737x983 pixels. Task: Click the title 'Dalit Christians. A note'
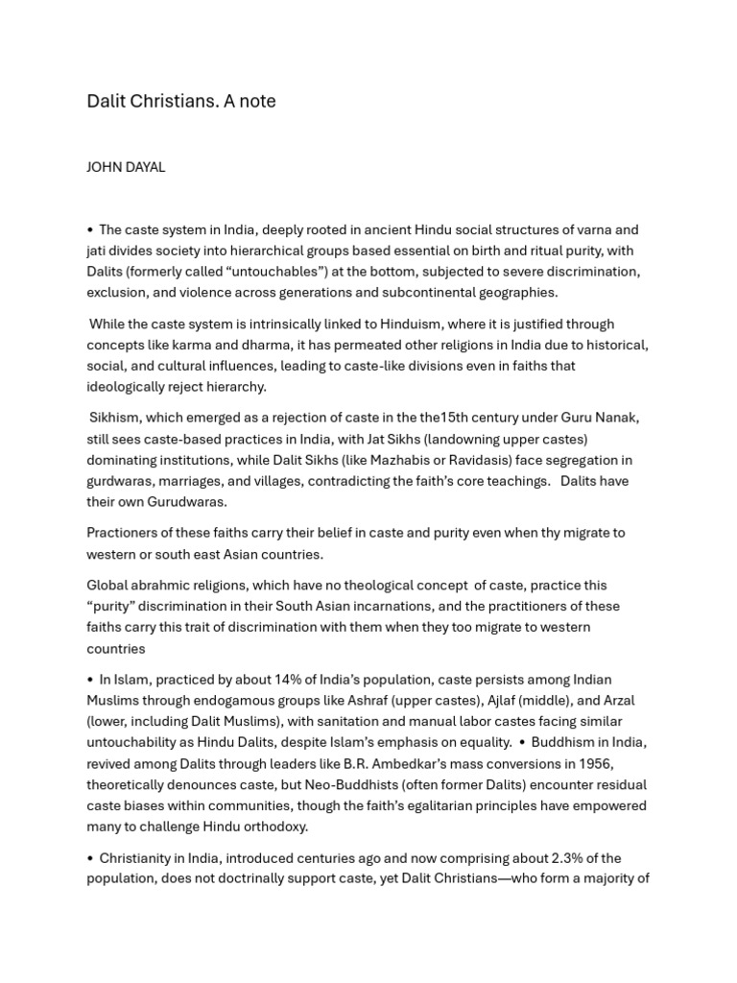click(181, 101)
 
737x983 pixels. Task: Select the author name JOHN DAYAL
click(126, 167)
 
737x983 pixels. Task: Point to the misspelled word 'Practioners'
click(125, 533)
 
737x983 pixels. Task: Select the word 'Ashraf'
click(391, 701)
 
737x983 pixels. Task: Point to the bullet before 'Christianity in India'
click(90, 858)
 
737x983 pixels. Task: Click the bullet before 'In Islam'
click(90, 680)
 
